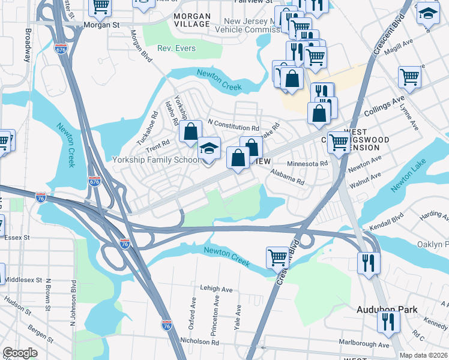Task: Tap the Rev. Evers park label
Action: coord(176,48)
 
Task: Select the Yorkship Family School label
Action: coord(157,160)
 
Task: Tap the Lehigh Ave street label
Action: coord(216,289)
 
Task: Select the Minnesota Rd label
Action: coord(307,163)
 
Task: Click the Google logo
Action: coord(20,353)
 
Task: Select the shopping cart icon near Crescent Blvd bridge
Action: coord(277,257)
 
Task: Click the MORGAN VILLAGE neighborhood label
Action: coord(191,20)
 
